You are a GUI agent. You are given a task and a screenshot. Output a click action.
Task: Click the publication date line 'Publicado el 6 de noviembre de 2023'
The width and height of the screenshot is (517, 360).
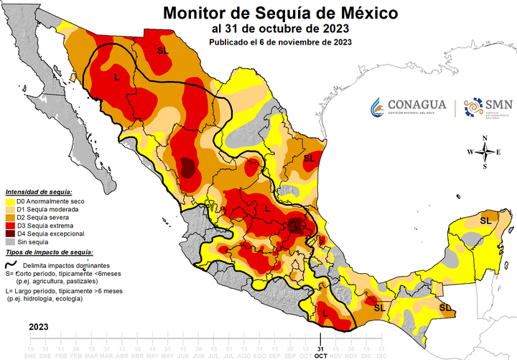point(280,42)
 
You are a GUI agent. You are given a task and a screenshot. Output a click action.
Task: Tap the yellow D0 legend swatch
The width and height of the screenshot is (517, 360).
point(9,202)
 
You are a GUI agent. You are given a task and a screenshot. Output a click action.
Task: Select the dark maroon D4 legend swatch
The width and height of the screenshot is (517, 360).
point(9,234)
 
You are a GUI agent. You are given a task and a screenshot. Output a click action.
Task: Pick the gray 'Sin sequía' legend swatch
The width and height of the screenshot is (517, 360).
point(9,242)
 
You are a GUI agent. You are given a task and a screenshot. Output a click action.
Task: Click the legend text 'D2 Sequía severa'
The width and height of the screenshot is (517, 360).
point(45,218)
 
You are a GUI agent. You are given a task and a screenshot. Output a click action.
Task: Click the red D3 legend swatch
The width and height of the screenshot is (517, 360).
point(9,226)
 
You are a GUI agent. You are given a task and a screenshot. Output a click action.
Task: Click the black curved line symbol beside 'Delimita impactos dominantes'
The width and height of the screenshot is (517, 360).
point(12,264)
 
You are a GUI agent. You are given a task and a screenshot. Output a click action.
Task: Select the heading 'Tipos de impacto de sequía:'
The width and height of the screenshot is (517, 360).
point(47,253)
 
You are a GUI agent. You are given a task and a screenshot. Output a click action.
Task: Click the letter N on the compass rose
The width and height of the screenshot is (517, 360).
point(485,138)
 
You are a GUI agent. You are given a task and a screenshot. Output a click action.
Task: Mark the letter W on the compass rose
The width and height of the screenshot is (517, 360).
point(470,152)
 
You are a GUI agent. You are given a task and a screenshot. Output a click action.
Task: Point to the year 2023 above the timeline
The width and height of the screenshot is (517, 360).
point(39,327)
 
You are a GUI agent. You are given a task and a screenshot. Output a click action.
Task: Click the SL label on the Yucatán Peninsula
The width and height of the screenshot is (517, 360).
point(486,219)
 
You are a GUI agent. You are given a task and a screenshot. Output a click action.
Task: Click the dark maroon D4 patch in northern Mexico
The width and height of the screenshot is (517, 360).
point(187,167)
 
